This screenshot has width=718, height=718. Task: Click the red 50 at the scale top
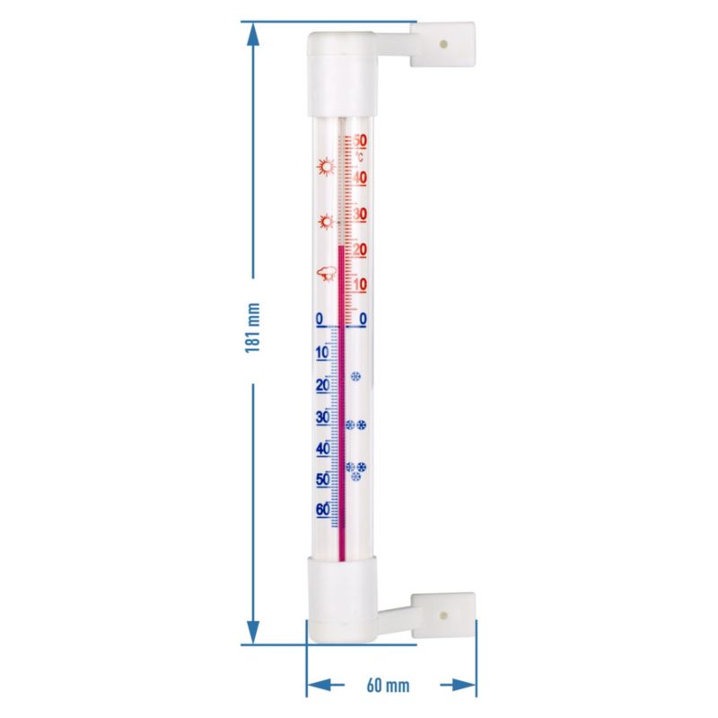pyautogui.click(x=361, y=140)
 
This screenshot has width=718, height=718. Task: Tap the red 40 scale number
pyautogui.click(x=361, y=178)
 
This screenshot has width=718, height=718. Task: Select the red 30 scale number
pyautogui.click(x=361, y=215)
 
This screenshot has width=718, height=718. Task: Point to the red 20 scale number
pyautogui.click(x=361, y=250)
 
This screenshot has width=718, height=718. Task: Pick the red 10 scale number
pyautogui.click(x=361, y=285)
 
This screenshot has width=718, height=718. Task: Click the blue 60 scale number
pyautogui.click(x=323, y=509)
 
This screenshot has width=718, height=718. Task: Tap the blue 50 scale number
pyautogui.click(x=323, y=479)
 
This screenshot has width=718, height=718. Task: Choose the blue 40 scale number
pyautogui.click(x=323, y=448)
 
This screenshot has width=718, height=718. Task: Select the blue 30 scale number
pyautogui.click(x=323, y=417)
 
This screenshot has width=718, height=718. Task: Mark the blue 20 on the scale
pyautogui.click(x=323, y=386)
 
